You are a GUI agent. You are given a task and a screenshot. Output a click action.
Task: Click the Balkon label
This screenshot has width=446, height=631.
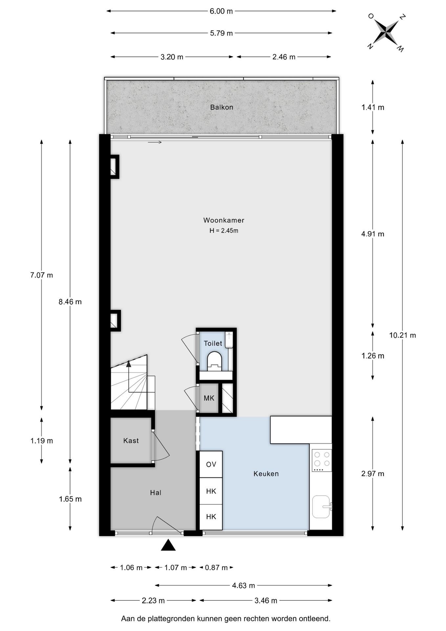point(222,107)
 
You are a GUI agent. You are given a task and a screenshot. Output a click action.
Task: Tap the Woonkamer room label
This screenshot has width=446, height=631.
point(224,220)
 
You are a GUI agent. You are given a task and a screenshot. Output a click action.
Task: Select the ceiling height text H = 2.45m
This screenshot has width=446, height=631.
point(224,231)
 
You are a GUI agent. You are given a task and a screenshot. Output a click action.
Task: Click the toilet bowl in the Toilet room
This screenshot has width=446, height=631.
point(215,361)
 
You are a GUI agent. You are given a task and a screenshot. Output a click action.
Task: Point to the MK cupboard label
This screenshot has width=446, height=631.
point(209,398)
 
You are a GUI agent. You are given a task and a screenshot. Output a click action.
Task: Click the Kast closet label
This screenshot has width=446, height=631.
point(131,441)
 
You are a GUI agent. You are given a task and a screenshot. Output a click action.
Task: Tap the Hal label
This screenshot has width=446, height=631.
point(156,493)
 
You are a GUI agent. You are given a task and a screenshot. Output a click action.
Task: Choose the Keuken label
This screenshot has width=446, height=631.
point(266,474)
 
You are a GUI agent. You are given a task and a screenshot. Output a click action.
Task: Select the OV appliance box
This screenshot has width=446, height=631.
point(211,464)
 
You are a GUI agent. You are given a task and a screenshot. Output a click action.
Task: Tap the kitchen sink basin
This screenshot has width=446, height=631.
point(321,506)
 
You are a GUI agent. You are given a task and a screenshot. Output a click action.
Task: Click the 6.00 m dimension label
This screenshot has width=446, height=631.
point(221,11)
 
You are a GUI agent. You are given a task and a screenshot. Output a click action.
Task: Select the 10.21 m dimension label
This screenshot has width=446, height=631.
point(403,335)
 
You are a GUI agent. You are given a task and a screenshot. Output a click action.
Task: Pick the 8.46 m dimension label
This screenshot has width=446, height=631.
point(70,302)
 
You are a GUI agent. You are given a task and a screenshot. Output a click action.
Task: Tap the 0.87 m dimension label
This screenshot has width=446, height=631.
point(216,568)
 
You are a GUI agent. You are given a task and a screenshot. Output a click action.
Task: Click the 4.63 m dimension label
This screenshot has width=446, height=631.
point(244,585)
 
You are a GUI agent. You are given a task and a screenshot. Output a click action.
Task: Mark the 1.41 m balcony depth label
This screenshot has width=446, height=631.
point(373,107)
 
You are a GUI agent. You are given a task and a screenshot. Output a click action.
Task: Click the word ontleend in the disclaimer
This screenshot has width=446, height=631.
point(315,619)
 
